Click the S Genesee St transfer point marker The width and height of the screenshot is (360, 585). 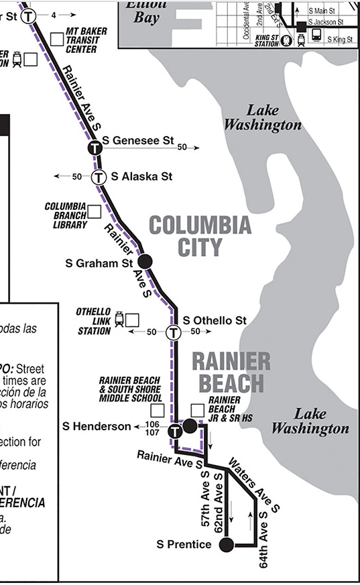click(95, 147)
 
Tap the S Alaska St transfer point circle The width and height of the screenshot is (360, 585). click(99, 177)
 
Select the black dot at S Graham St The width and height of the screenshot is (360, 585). click(145, 262)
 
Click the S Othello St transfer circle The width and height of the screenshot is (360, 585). click(174, 332)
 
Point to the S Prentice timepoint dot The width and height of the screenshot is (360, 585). click(227, 544)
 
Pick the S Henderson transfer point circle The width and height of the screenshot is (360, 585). click(174, 431)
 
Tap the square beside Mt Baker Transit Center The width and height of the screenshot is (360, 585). click(57, 39)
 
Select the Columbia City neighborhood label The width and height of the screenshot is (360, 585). click(200, 236)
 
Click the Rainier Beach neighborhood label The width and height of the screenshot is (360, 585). click(231, 372)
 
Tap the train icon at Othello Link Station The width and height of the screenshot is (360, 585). click(119, 319)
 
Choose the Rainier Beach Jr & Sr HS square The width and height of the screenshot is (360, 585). click(197, 410)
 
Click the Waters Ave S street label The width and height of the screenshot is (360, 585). click(253, 484)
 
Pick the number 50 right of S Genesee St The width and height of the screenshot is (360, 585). click(182, 147)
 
